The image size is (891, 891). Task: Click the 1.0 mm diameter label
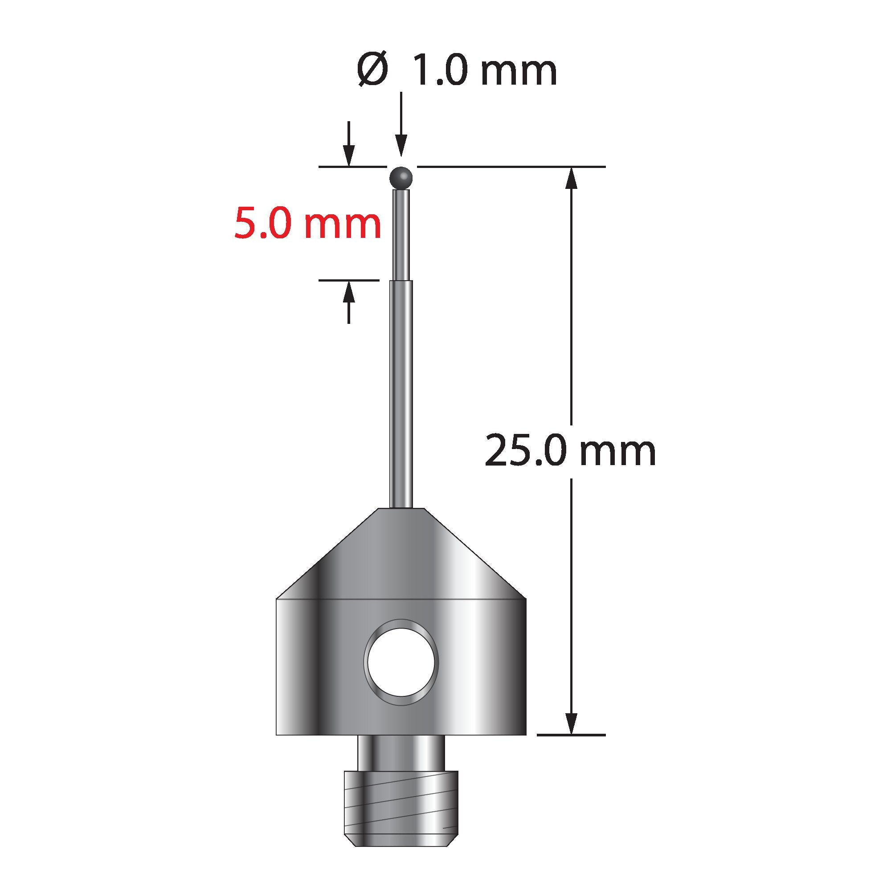[485, 70]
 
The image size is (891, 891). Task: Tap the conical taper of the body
[401, 553]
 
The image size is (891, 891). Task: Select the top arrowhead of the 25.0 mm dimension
[572, 178]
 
